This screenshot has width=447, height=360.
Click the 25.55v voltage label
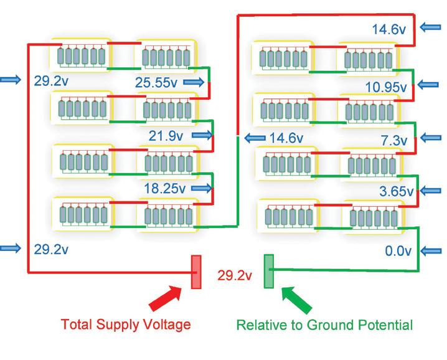(x=157, y=81)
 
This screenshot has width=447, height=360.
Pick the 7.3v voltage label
(x=393, y=139)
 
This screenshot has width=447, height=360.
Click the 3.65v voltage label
(x=396, y=191)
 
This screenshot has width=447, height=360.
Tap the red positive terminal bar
(x=195, y=272)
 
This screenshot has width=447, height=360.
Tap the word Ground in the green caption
(x=341, y=324)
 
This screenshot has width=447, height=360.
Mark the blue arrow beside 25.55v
(x=194, y=82)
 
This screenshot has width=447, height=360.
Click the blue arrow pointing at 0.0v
(x=433, y=251)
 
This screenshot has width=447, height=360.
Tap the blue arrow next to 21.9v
(x=202, y=135)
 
